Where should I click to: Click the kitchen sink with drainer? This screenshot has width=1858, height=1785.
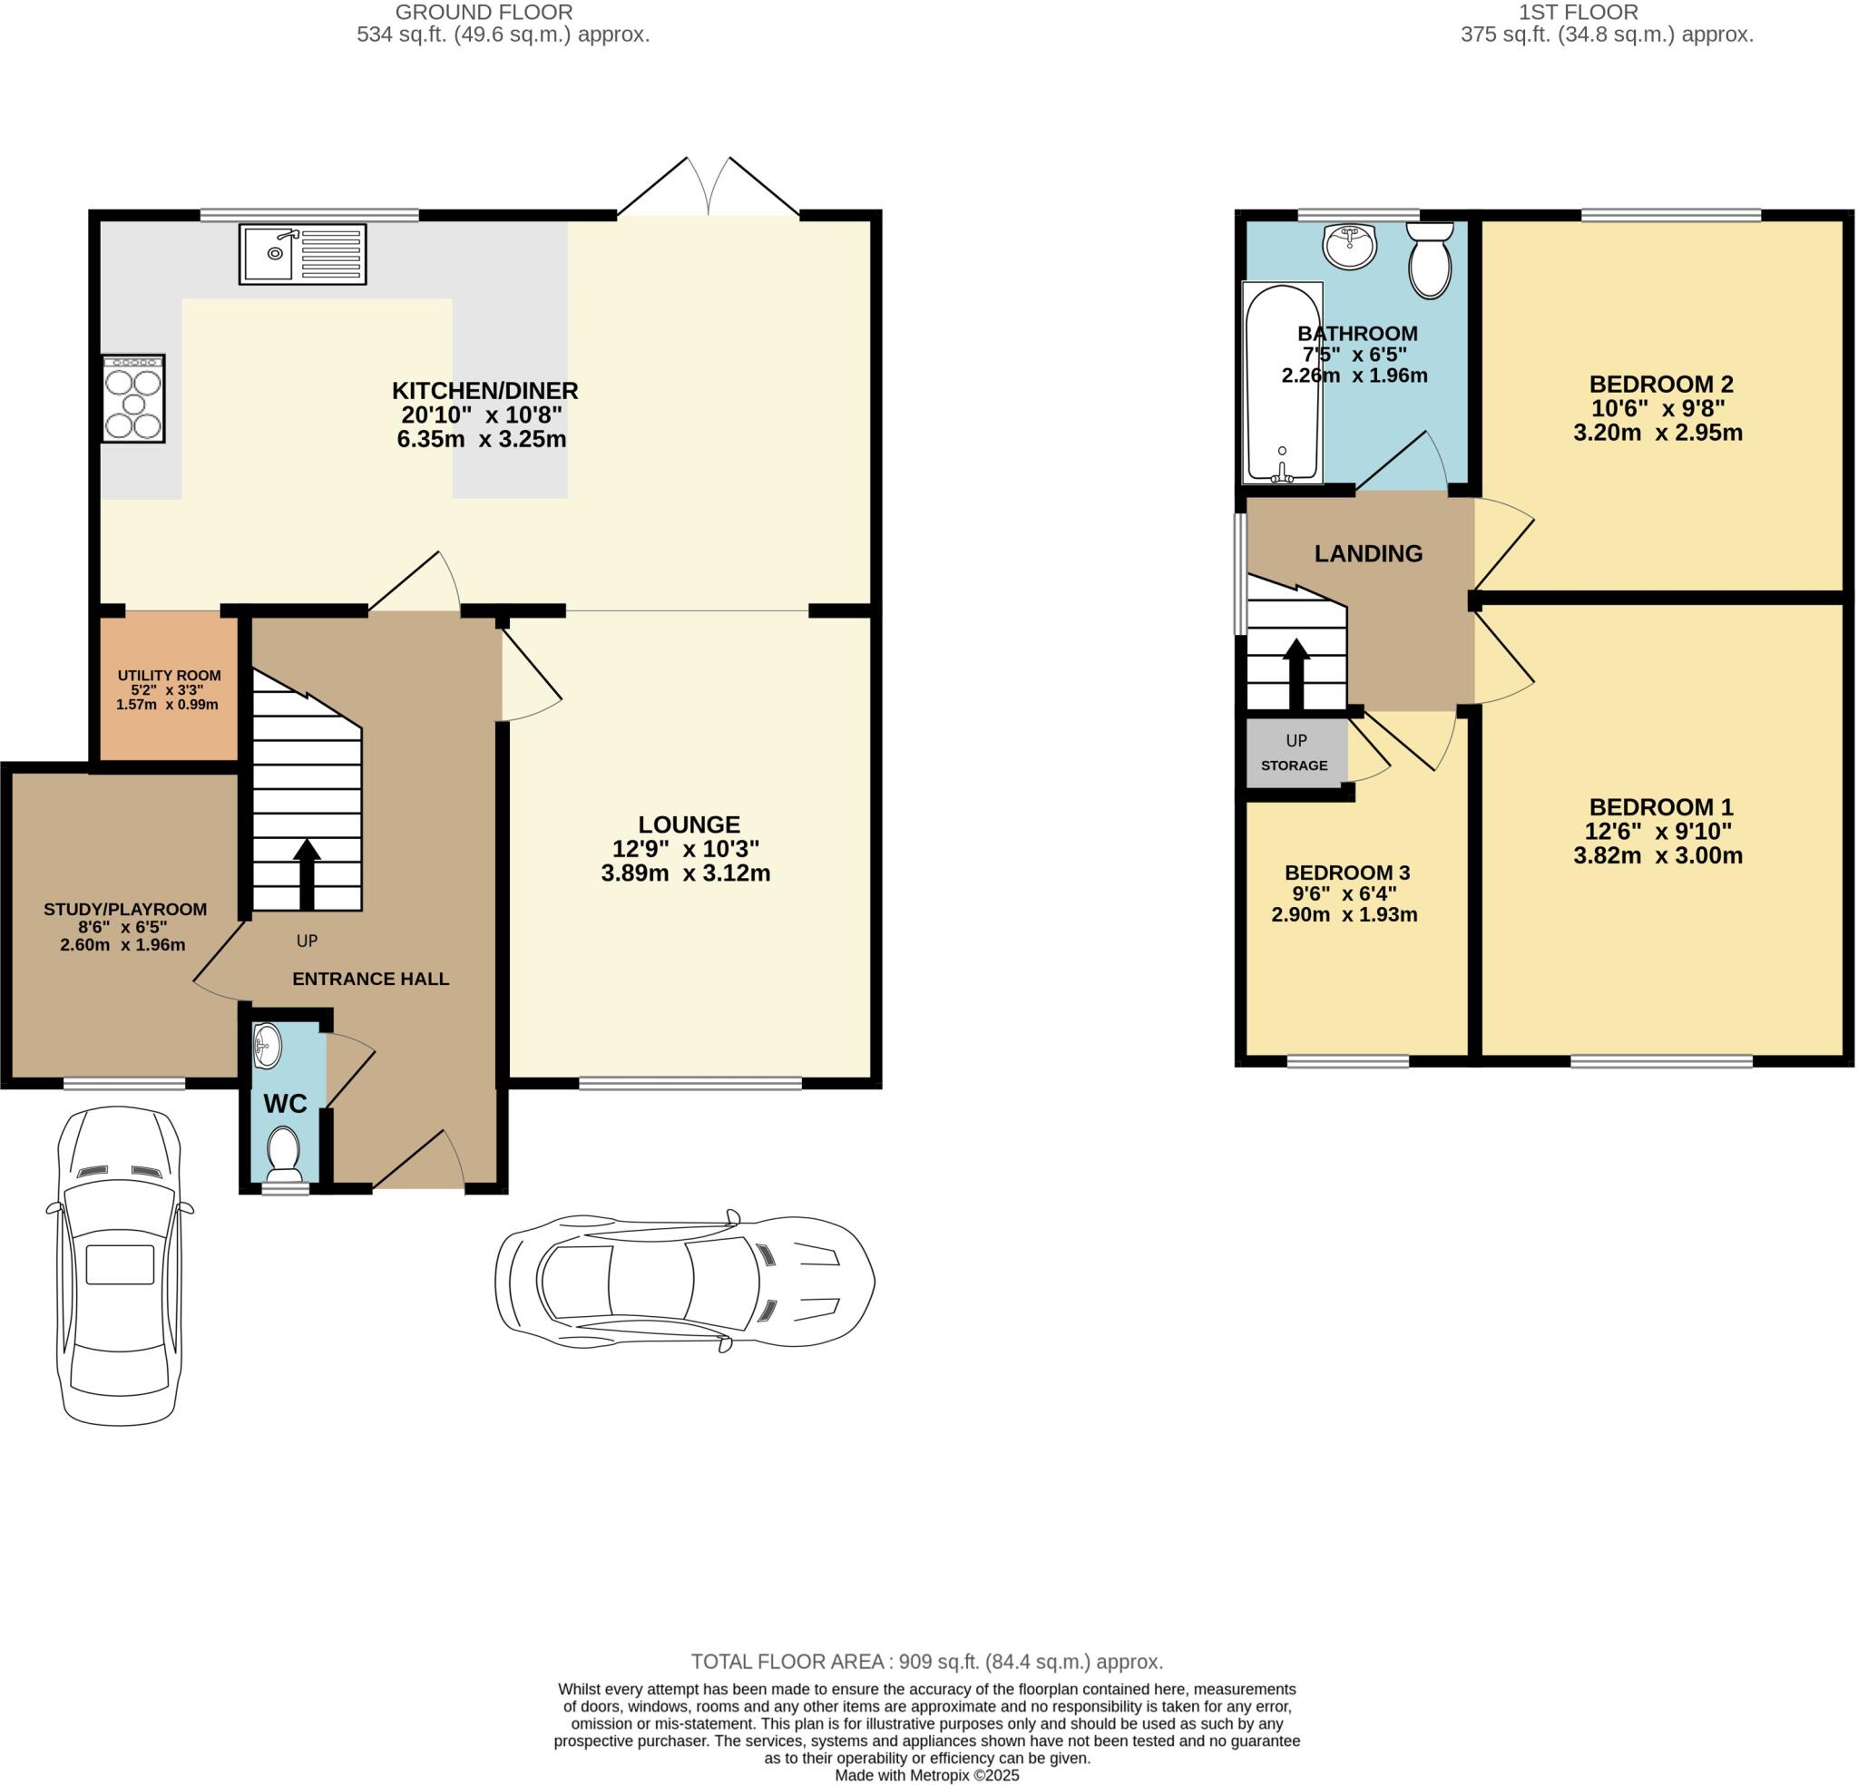[302, 254]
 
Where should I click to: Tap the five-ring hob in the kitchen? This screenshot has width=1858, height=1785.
[133, 398]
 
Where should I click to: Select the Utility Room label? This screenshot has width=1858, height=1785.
[169, 675]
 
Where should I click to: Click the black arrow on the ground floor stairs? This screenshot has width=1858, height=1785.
[307, 873]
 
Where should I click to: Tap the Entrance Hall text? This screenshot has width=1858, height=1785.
[370, 979]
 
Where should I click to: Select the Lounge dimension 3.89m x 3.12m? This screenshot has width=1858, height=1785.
[685, 873]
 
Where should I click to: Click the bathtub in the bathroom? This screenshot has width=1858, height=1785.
[1282, 383]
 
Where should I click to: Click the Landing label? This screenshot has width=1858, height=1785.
[1368, 553]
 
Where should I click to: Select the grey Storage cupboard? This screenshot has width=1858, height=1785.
[1294, 754]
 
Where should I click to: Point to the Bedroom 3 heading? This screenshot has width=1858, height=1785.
[1347, 873]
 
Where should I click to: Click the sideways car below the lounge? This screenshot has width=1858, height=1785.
[684, 1282]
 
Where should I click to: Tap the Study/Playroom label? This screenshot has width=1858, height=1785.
[125, 909]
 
